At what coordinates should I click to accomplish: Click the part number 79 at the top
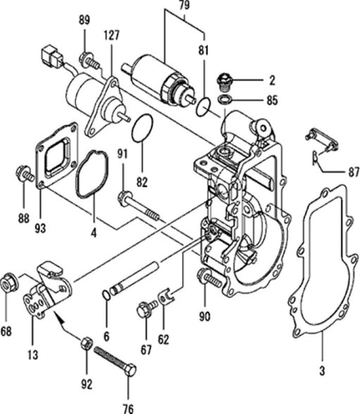point(184,8)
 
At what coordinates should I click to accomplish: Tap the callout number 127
point(112,35)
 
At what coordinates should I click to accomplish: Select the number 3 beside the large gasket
point(322,371)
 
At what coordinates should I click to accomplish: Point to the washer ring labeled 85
point(226,98)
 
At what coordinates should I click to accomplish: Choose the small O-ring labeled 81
point(204,107)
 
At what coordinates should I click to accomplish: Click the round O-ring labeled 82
point(142,128)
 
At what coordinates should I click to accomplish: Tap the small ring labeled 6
point(106,294)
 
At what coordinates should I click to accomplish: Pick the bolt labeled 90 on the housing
point(206,278)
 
